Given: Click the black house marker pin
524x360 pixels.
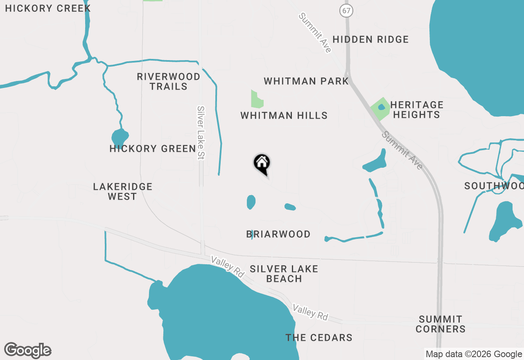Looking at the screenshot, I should click(x=262, y=164).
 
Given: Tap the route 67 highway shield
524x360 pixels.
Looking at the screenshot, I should click(x=346, y=11).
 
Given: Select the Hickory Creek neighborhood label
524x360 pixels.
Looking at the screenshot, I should click(x=48, y=8).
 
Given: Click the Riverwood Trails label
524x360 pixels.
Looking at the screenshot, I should click(x=168, y=81).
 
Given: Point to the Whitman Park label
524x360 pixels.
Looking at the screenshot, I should click(x=306, y=81).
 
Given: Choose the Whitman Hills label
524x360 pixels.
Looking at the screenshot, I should click(x=284, y=116).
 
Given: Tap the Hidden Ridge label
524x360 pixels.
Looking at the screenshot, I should click(x=370, y=40).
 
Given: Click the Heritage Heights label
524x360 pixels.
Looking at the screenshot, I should click(x=417, y=110).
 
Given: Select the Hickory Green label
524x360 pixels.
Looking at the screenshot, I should click(x=153, y=148).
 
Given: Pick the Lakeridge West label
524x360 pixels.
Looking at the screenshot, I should click(x=122, y=191).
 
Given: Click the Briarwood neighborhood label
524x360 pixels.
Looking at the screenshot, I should click(x=278, y=234).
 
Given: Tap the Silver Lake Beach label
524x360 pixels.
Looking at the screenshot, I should click(x=284, y=274).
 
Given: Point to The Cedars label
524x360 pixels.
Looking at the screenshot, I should click(x=319, y=337).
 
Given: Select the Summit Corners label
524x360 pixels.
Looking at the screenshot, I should click(x=440, y=324).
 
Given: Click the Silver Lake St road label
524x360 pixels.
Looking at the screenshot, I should click(x=201, y=133).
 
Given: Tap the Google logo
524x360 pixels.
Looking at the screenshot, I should click(x=28, y=350).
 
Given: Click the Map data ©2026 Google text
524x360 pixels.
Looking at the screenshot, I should click(x=474, y=354).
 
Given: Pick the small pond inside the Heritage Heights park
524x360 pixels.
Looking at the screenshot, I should click(x=382, y=107).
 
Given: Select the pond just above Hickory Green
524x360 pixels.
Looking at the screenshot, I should click(x=120, y=137).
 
